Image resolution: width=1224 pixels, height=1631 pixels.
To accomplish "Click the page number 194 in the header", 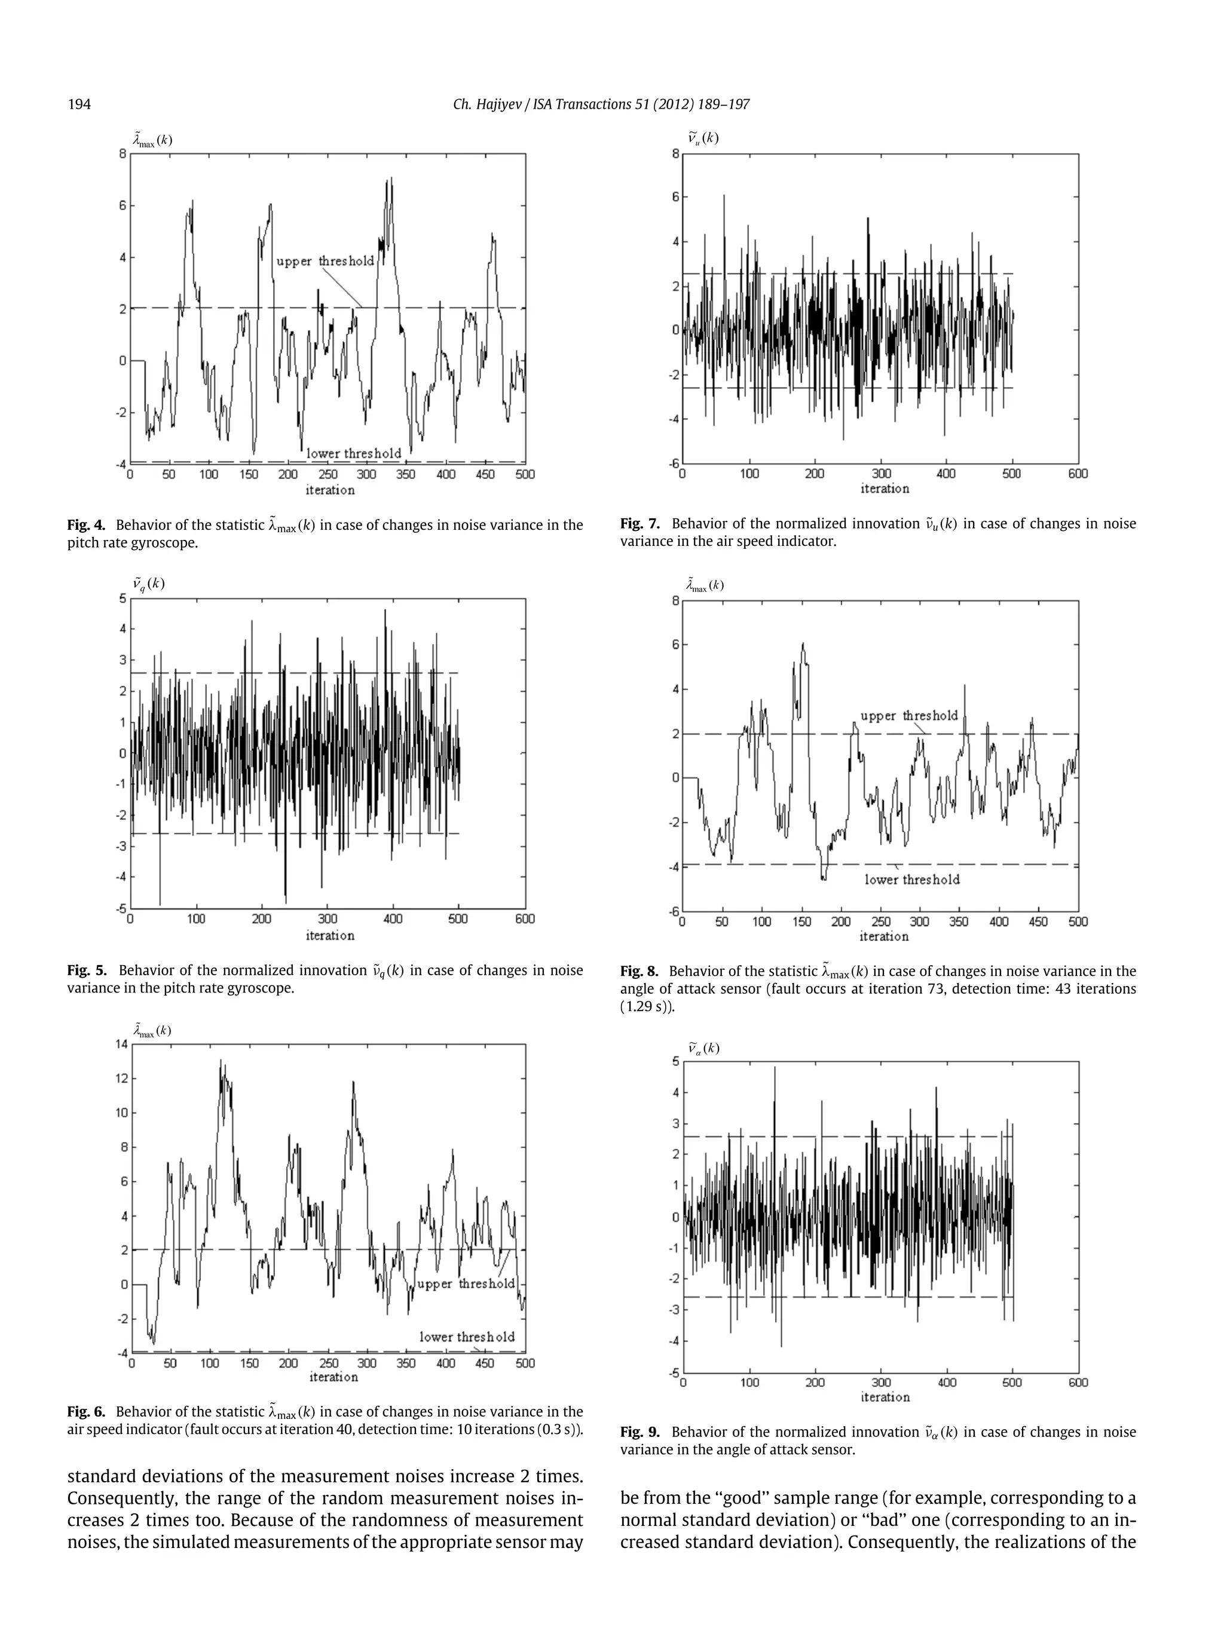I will [79, 104].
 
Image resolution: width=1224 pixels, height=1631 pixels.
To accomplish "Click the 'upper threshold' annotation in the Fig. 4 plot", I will [325, 261].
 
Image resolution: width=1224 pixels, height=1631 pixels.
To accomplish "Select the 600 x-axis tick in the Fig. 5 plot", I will [525, 919].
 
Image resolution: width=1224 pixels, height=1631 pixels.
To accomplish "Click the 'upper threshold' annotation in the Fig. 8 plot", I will [909, 715].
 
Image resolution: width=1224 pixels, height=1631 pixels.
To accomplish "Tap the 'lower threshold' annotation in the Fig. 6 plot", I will [467, 1337].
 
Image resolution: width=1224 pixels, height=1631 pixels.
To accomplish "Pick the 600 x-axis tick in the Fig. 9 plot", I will [1077, 1383].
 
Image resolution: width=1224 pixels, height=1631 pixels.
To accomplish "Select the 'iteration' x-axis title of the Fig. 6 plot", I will [333, 1377].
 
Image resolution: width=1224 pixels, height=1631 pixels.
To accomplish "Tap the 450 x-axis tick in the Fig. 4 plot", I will [485, 474].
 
